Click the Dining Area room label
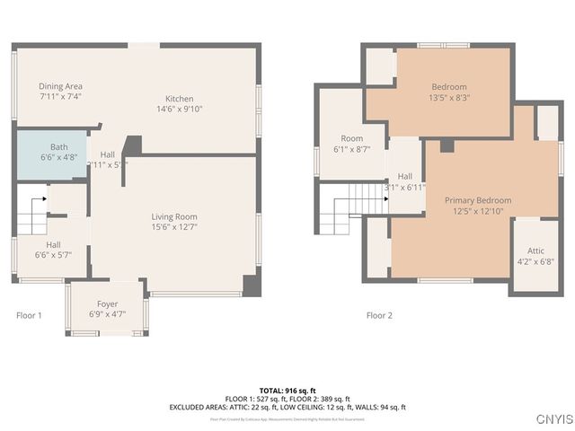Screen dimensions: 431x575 (x=61, y=86)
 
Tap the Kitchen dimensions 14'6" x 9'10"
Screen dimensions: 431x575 (x=179, y=110)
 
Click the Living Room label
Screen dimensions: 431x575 (x=173, y=216)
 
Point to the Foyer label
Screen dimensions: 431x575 (x=107, y=303)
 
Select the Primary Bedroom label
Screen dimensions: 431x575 (x=482, y=200)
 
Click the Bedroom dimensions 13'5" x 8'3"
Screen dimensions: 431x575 (x=449, y=98)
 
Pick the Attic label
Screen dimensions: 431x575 (x=535, y=251)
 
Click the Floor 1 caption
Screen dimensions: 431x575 (x=29, y=315)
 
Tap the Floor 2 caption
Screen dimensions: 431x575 (x=379, y=315)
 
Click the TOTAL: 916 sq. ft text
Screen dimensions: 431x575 (x=287, y=390)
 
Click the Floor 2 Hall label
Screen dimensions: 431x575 (x=404, y=176)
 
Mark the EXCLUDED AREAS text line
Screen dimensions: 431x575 (x=287, y=407)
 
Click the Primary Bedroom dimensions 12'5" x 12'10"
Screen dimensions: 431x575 (x=479, y=211)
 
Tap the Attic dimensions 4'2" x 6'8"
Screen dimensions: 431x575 (x=535, y=261)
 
